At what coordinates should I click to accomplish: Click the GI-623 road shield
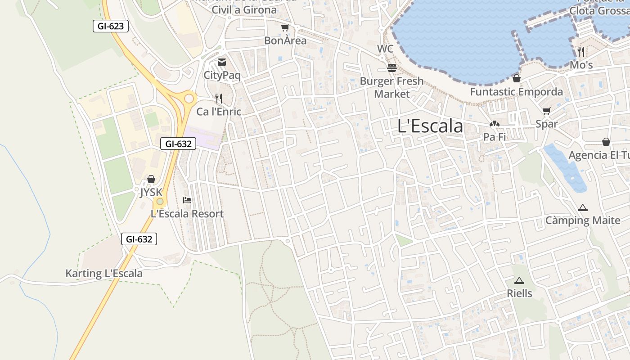(x=111, y=26)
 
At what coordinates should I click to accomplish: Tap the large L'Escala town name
(x=430, y=126)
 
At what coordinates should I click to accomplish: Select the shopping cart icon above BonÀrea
(x=285, y=28)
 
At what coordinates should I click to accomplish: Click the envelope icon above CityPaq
(x=222, y=62)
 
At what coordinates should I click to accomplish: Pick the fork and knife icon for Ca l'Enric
(x=219, y=98)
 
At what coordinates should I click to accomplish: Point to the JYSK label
(x=151, y=192)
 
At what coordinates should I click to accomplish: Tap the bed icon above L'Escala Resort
(x=187, y=200)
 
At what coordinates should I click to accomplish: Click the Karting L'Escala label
(x=104, y=273)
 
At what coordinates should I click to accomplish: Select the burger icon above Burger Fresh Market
(x=392, y=68)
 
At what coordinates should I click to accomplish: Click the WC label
(x=385, y=49)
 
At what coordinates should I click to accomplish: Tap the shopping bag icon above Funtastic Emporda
(x=516, y=78)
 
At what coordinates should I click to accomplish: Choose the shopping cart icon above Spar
(x=547, y=111)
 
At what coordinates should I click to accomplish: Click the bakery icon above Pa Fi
(x=494, y=124)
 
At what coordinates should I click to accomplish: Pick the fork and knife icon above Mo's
(x=581, y=52)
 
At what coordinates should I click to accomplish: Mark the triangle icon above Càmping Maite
(x=583, y=207)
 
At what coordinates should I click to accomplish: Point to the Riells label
(x=519, y=293)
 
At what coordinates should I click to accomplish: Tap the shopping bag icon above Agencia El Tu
(x=606, y=142)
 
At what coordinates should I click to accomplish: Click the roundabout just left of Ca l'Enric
(x=189, y=98)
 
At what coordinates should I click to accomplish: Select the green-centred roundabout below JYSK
(x=159, y=201)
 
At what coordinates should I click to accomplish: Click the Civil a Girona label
(x=244, y=9)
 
